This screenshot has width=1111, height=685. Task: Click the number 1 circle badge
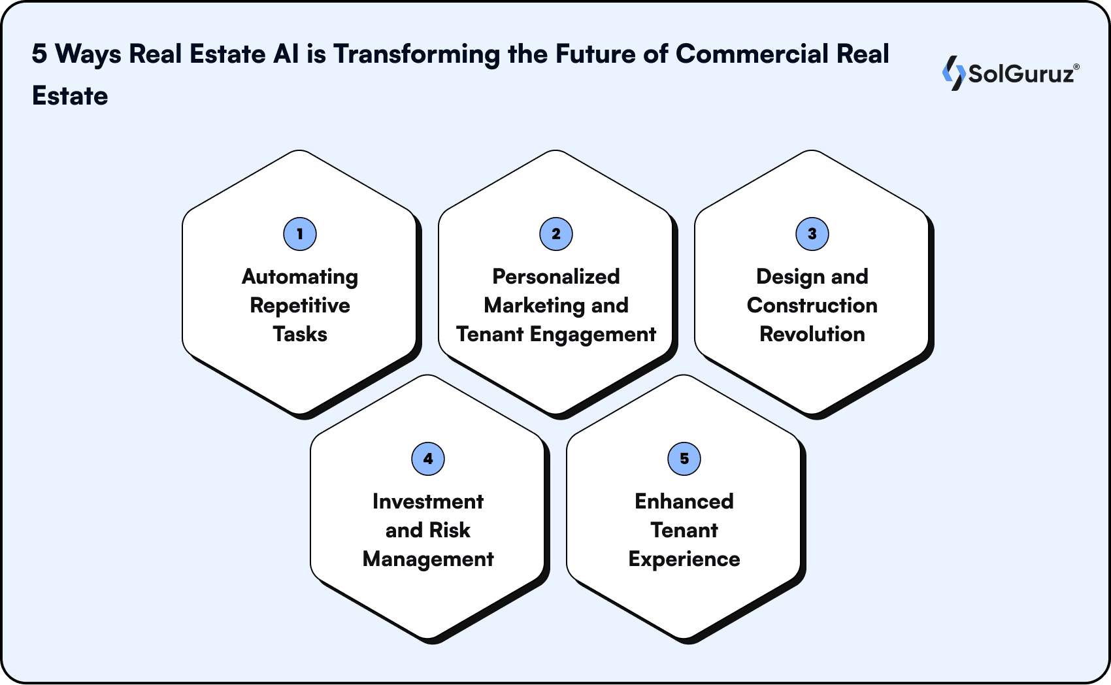(300, 234)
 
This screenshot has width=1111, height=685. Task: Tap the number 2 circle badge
(556, 234)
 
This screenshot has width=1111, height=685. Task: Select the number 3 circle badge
(812, 234)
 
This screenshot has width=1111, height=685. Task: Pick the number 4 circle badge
(428, 459)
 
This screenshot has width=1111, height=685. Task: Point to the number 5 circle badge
(684, 459)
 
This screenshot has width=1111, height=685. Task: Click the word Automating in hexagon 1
(300, 277)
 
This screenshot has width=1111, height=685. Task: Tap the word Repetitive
(300, 306)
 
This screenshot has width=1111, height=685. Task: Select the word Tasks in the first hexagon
(300, 335)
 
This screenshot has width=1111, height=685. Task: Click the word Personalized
(556, 277)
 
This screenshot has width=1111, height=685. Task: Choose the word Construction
(812, 306)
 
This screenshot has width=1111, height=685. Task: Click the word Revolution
(812, 335)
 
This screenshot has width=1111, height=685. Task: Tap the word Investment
(428, 502)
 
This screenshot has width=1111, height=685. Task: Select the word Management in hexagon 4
(428, 560)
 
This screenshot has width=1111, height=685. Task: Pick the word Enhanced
(684, 502)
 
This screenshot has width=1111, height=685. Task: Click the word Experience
(684, 560)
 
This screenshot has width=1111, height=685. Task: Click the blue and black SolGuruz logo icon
(953, 73)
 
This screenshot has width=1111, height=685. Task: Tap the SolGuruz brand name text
(1021, 73)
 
